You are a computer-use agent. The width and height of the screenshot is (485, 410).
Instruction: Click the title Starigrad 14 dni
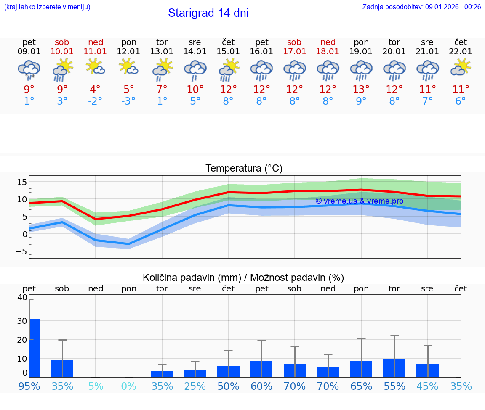(x=208, y=13)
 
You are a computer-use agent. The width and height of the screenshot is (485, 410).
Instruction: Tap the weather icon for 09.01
(x=29, y=70)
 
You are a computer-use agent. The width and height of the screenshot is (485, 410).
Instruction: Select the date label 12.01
(x=128, y=52)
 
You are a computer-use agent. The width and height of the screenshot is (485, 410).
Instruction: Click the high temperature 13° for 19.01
(x=361, y=90)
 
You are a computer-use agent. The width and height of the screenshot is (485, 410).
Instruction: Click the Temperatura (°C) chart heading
(x=244, y=169)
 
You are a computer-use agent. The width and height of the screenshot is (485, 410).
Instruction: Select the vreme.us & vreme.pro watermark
(x=359, y=201)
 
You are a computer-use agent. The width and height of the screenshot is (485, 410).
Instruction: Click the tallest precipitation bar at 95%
(x=35, y=348)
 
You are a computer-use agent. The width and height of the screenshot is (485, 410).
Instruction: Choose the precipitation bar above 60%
(x=261, y=369)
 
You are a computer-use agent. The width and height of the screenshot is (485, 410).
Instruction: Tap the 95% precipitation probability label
(x=29, y=386)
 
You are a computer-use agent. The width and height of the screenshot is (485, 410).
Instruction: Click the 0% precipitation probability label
(x=129, y=386)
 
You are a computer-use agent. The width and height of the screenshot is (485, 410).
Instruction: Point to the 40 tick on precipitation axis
(x=22, y=298)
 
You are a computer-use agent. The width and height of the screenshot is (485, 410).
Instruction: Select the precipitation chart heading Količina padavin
(x=243, y=278)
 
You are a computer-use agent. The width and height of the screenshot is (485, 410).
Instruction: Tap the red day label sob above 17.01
(x=294, y=42)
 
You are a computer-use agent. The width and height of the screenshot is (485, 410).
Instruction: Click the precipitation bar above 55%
(x=394, y=368)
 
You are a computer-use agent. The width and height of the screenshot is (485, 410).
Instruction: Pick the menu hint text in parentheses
(x=47, y=7)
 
